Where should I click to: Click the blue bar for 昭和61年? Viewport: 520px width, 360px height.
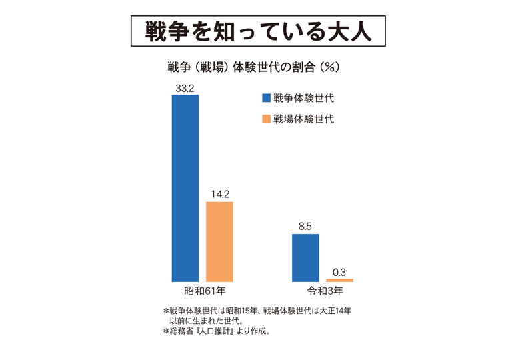185,188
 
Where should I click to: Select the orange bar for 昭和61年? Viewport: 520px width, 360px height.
219,241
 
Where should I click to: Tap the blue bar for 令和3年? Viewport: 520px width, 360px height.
305,257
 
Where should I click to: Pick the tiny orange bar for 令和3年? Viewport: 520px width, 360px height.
339,280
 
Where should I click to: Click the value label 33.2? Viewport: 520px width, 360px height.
185,87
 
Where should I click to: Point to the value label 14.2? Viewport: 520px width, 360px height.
219,194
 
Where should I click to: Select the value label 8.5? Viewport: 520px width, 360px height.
305,227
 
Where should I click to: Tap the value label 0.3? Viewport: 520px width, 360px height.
339,271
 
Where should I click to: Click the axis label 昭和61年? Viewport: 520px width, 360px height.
202,291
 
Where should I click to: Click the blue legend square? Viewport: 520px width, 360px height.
266,98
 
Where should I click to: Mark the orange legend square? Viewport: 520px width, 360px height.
266,119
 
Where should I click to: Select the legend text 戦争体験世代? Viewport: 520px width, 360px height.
303,98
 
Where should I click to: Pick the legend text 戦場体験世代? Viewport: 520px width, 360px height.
303,119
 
